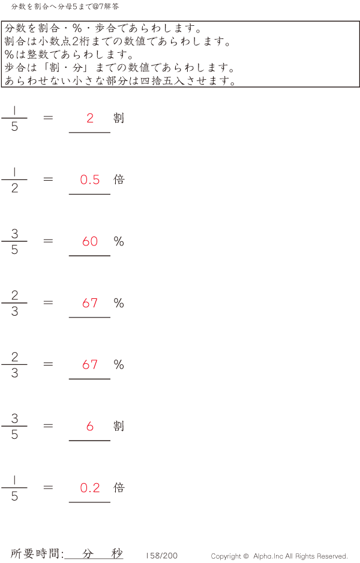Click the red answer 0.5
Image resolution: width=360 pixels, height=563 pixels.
click(x=90, y=179)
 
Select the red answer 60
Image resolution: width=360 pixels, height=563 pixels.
click(x=90, y=241)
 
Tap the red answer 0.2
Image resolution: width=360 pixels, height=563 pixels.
click(x=90, y=488)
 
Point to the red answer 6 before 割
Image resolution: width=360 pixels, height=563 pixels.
click(x=90, y=426)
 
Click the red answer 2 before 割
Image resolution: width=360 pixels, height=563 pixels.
click(x=90, y=118)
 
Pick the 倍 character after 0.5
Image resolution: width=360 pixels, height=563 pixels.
click(x=119, y=179)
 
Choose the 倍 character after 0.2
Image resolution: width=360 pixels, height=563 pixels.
click(x=119, y=488)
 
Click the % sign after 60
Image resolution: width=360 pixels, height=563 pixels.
click(x=119, y=241)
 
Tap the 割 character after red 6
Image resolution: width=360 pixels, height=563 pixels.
click(x=119, y=426)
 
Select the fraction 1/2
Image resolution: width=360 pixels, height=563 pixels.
click(x=14, y=180)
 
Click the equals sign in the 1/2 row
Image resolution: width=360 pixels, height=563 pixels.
click(x=49, y=179)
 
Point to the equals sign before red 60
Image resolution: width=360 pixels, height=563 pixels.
click(x=49, y=241)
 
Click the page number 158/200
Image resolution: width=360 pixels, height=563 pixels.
click(x=161, y=556)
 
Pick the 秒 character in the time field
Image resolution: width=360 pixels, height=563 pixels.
click(x=116, y=553)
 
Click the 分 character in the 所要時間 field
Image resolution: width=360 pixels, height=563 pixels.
click(x=88, y=553)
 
